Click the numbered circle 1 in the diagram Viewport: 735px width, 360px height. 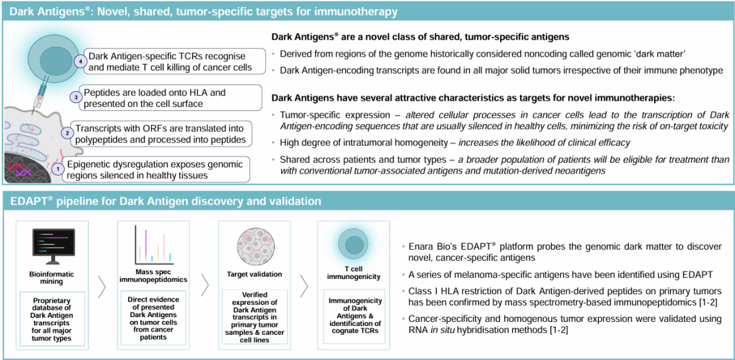coord(58,167)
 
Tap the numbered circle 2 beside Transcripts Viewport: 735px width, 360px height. coord(67,133)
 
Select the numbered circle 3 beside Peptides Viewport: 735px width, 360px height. coord(76,97)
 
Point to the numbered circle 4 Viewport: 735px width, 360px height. coord(80,61)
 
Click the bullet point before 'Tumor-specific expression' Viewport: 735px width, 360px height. coord(274,115)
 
